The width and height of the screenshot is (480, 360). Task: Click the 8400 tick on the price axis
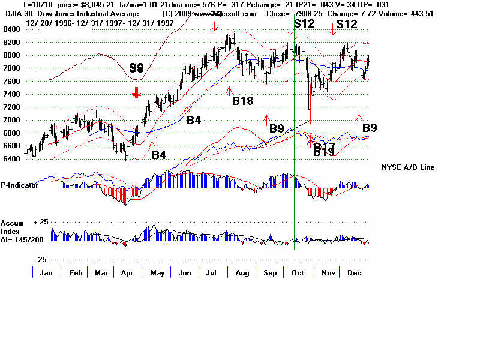[x=11, y=29]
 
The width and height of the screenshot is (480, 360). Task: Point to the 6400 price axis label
[x=11, y=159]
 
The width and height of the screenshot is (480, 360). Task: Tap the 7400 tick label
[x=11, y=94]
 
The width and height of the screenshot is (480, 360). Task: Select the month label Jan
[x=44, y=273]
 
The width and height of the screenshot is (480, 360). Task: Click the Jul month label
[x=212, y=273]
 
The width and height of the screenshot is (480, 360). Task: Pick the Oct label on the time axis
[x=297, y=273]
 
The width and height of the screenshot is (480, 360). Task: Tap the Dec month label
[x=354, y=273]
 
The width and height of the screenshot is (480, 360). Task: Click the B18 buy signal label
[x=242, y=101]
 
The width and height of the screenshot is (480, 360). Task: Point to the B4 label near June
[x=193, y=120]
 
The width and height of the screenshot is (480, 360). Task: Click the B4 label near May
[x=158, y=155]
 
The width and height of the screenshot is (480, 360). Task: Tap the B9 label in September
[x=277, y=128]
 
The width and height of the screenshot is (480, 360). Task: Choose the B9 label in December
[x=370, y=127]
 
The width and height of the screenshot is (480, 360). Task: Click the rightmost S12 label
[x=347, y=25]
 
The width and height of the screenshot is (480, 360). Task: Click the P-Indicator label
[x=20, y=185]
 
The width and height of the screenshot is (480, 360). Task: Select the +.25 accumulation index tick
[x=39, y=222]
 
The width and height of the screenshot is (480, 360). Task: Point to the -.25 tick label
[x=39, y=259]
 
